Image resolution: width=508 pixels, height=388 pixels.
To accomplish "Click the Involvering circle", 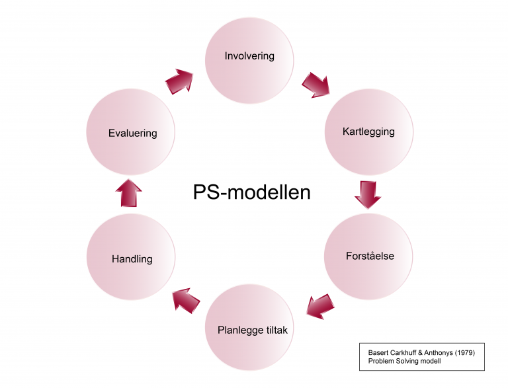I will pos(249,59).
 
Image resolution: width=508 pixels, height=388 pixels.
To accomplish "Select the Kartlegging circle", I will pos(368,132).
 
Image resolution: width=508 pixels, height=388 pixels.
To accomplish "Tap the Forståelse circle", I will pos(369,256).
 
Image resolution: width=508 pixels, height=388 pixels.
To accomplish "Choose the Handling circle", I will pos(131,258).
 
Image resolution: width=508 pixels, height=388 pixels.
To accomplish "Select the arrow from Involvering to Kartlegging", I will pos(316,85).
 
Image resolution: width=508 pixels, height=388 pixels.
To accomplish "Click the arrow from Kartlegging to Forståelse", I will pos(366,194).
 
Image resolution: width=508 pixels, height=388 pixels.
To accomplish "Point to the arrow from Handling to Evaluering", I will pos(129,193).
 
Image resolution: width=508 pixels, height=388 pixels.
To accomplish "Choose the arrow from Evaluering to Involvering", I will pos(180,81).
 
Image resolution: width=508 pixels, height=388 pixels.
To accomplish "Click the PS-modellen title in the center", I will pos(251,192).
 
